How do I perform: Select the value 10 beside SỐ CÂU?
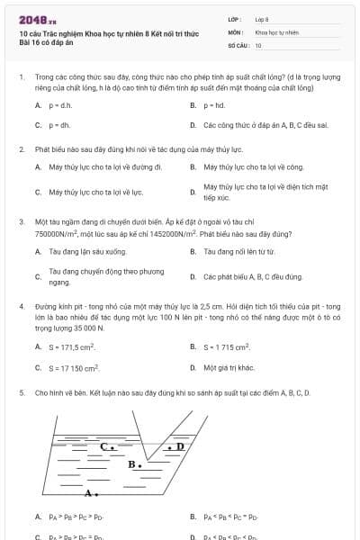click(258, 44)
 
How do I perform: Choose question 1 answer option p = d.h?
click(60, 105)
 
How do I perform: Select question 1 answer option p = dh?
click(59, 125)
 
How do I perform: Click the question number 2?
click(21, 148)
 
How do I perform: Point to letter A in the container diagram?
click(88, 492)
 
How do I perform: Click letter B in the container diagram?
click(132, 464)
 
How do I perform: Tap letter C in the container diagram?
click(105, 445)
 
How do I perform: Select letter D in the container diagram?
click(179, 445)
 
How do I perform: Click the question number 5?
click(21, 392)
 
